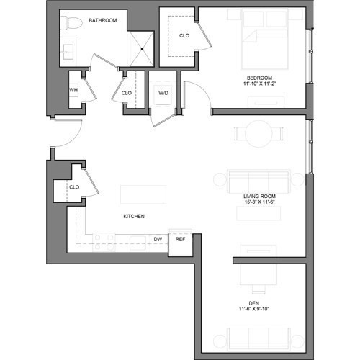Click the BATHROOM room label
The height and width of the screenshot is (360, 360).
(x=103, y=20)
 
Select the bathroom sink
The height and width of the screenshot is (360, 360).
(x=68, y=52)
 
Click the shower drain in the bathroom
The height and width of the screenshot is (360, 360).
(x=142, y=49)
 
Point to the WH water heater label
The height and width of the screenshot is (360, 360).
(x=73, y=90)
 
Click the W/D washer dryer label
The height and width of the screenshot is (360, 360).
(x=163, y=93)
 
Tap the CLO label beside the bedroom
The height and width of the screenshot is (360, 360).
(x=184, y=35)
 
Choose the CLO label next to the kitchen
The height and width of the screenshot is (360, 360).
(x=74, y=187)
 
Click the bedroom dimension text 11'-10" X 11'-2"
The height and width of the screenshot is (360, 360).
(x=260, y=84)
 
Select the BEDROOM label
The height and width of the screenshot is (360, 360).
(x=259, y=78)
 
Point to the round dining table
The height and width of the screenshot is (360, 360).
(x=258, y=133)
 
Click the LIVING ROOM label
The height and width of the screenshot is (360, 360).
(x=259, y=196)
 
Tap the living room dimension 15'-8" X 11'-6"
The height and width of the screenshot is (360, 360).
(x=259, y=202)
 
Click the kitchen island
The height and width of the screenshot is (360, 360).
(x=143, y=194)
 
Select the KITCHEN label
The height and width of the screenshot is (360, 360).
(x=134, y=216)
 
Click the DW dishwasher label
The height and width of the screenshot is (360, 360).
(x=158, y=239)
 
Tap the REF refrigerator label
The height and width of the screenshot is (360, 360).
(x=180, y=239)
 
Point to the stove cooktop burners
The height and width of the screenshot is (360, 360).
(x=104, y=242)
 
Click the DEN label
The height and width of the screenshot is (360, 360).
(x=254, y=303)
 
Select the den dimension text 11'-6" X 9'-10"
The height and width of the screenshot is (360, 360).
(x=254, y=309)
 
